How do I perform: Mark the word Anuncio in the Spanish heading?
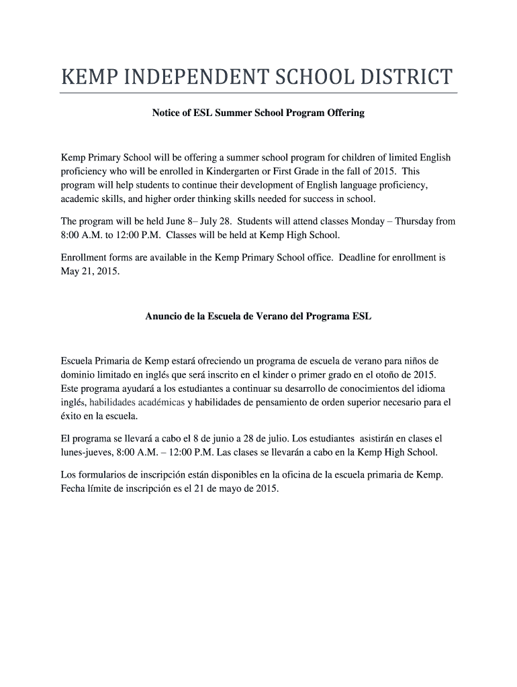click(x=164, y=315)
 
